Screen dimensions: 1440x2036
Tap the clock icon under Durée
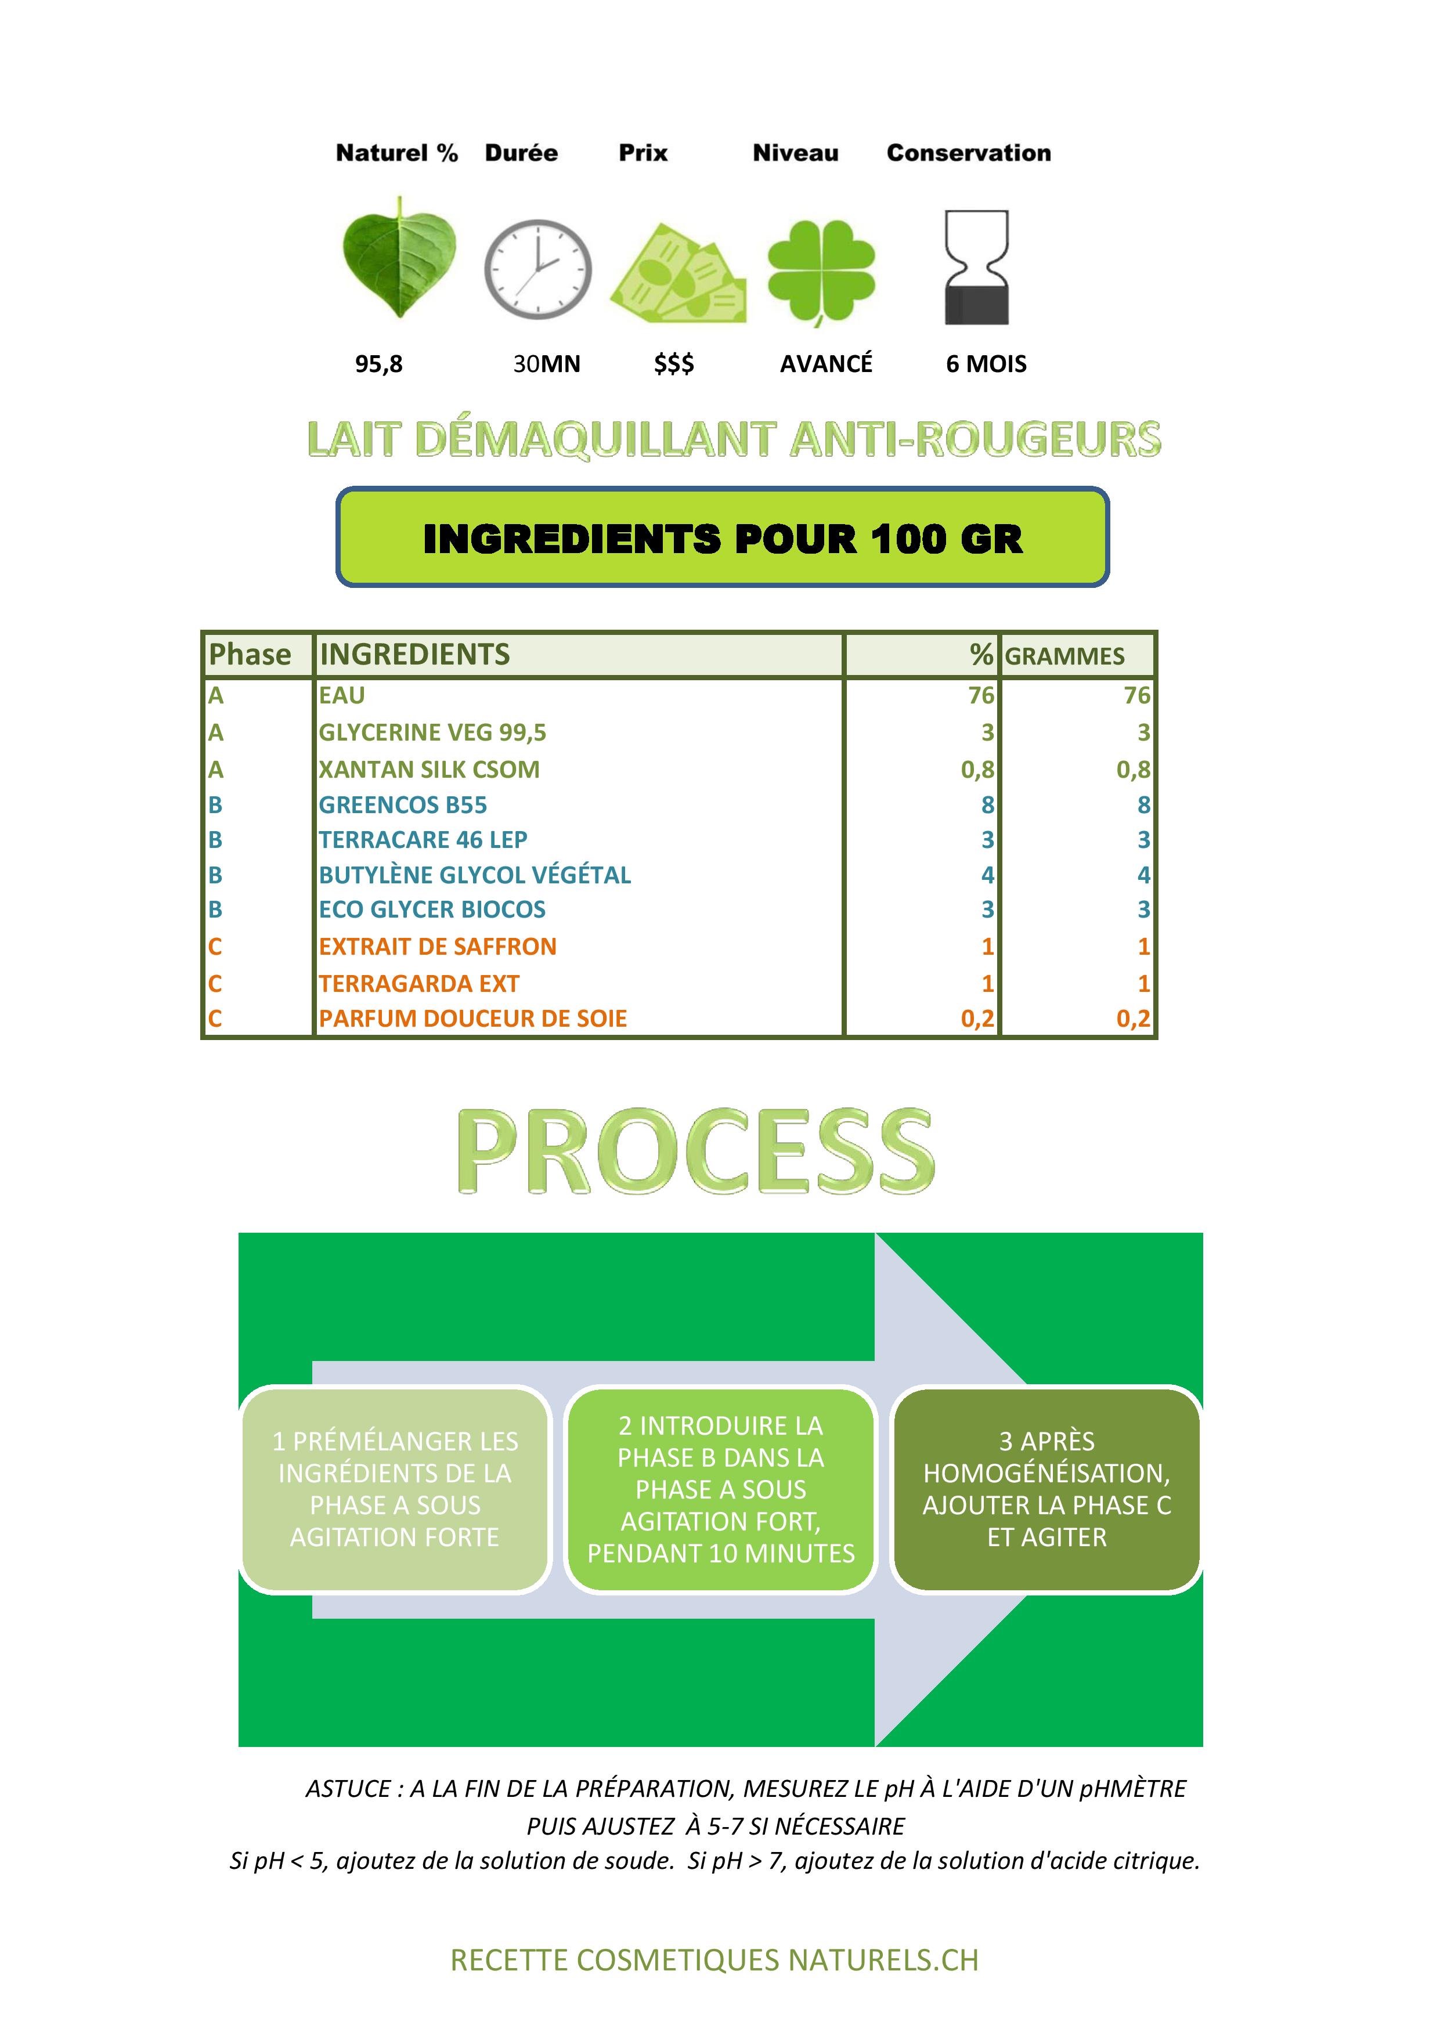coord(537,269)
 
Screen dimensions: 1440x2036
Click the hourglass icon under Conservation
coord(976,267)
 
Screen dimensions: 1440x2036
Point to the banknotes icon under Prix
coord(679,274)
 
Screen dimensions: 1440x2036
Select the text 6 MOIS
coord(986,363)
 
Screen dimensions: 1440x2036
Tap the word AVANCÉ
coord(827,363)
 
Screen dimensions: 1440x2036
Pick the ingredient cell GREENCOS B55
coord(403,805)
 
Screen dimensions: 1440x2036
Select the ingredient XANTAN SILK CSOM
coord(429,770)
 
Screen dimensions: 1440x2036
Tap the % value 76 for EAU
coord(981,695)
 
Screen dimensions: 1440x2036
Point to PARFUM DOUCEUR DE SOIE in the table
coord(472,1019)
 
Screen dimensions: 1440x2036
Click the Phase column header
coord(250,655)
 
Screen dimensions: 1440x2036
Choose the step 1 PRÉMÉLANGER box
coord(395,1490)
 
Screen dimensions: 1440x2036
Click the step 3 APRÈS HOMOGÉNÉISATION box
coord(1046,1490)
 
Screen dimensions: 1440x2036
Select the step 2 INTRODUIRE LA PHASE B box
coord(721,1490)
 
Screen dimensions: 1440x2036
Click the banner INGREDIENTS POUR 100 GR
coord(723,537)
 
